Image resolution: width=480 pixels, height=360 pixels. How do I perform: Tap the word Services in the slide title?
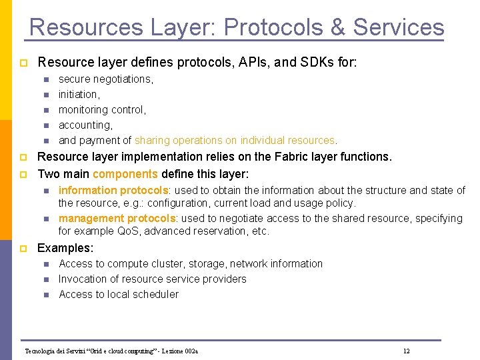[x=399, y=27]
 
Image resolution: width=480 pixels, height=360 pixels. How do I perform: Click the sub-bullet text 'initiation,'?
[x=79, y=94]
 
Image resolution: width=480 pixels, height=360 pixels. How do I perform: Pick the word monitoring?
[x=83, y=109]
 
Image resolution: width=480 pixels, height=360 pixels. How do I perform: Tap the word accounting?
[x=85, y=125]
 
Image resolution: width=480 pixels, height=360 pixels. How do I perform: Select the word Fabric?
[x=289, y=157]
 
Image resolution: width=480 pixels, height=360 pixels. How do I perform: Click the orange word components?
[x=125, y=173]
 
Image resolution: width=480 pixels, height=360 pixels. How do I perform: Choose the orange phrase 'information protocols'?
[x=113, y=191]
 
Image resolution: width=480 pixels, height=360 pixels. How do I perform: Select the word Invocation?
[x=84, y=279]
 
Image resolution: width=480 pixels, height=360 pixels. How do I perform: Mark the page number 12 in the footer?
[x=406, y=351]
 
